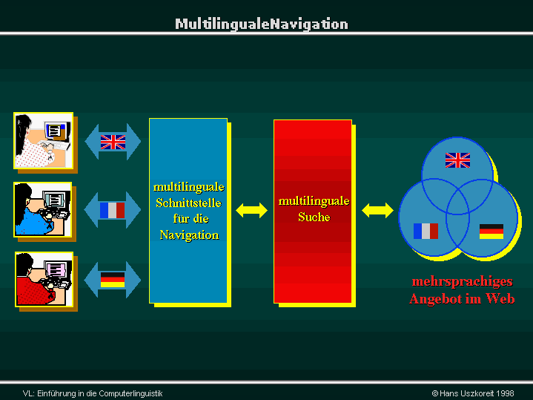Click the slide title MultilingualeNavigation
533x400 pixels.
262,24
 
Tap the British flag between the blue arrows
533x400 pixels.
113,142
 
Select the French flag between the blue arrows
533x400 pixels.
112,210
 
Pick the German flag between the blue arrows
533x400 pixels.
113,280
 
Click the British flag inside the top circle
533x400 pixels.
457,160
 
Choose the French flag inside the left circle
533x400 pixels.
426,231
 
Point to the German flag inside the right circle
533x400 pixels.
491,232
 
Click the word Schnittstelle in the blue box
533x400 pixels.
188,203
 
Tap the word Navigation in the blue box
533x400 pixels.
189,235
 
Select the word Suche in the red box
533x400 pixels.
314,217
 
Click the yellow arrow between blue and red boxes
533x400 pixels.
251,210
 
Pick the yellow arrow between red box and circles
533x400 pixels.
377,210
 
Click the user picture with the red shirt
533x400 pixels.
44,279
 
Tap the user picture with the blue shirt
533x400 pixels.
43,209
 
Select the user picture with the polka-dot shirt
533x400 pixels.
44,140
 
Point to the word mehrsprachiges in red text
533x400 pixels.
463,282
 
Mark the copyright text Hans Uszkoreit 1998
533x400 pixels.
473,393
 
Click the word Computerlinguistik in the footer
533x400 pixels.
131,393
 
